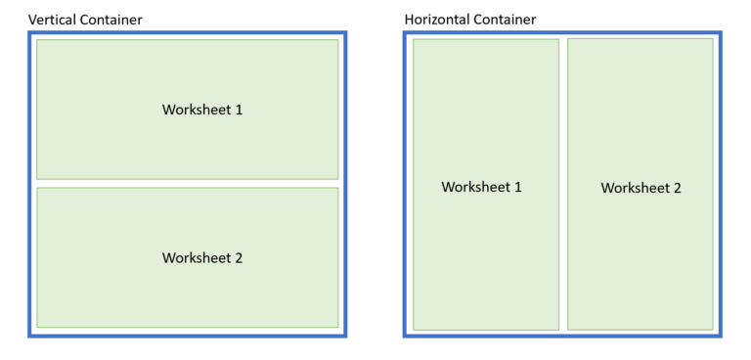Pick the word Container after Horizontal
click(503, 20)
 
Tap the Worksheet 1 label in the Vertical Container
click(201, 110)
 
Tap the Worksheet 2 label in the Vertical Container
click(201, 258)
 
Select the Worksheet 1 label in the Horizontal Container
click(481, 187)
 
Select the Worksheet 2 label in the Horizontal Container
click(641, 188)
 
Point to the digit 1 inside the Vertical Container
click(239, 110)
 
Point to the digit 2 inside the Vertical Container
click(239, 258)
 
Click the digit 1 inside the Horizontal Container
click(518, 187)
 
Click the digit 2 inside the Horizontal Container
click(677, 188)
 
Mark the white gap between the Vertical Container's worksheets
click(187, 184)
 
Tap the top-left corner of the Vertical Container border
click(29, 32)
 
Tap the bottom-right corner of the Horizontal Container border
click(721, 336)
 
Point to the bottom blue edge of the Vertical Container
click(187, 336)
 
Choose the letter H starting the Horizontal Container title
click(409, 20)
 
